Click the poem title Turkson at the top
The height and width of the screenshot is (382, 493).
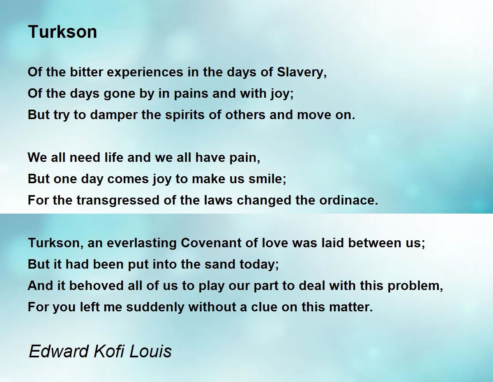62,32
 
